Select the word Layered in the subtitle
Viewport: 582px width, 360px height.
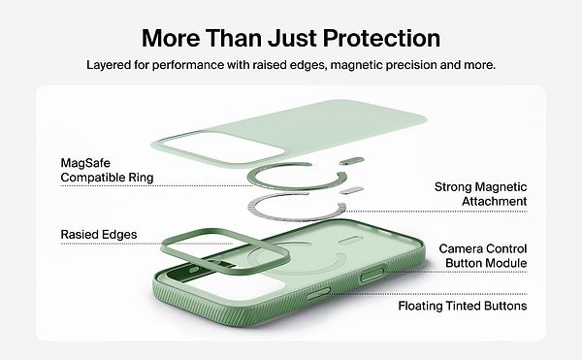pos(112,65)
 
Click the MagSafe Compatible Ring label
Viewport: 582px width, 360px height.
pos(107,170)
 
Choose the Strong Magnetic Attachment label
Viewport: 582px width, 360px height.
pos(481,193)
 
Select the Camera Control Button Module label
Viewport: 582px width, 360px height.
pos(483,256)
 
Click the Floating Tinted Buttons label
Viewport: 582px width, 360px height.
pos(463,306)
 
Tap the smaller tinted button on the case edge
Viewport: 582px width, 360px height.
pos(325,293)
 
